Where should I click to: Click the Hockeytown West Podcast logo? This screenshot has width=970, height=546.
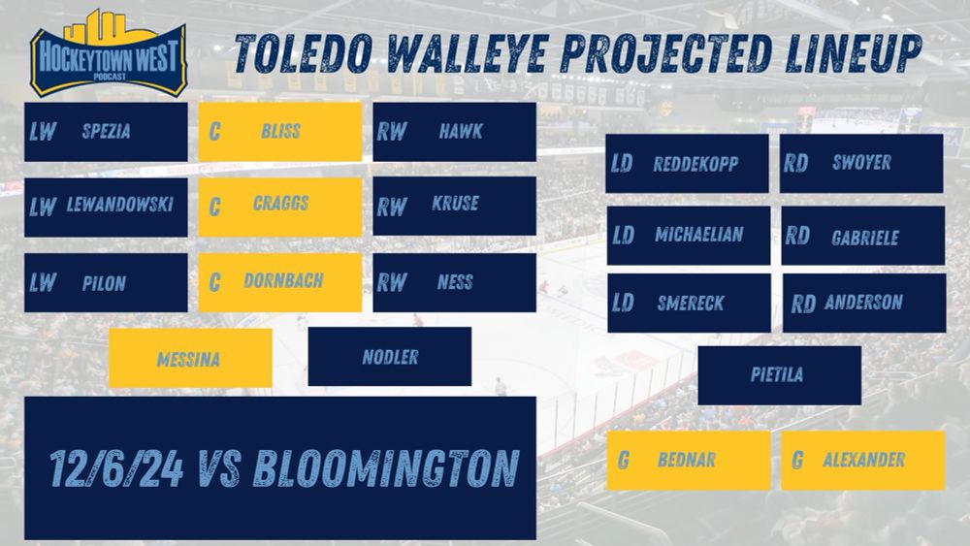point(109,53)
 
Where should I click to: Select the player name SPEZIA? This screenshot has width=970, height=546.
point(107,131)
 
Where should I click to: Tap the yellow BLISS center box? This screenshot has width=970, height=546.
point(280,132)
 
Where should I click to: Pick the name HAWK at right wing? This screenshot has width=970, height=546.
point(461,131)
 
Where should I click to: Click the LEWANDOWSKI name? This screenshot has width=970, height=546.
point(120,205)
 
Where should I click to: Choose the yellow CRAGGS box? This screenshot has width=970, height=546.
point(280,208)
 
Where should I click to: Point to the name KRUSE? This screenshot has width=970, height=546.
point(455,204)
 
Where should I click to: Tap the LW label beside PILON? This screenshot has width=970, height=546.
point(43,282)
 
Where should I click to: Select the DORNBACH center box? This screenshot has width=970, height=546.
point(280,282)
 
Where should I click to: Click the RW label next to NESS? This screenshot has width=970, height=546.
point(392,282)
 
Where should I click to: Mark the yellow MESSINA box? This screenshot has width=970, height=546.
point(190,358)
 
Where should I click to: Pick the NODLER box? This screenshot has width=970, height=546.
point(390,357)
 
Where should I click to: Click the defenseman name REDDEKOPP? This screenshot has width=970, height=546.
point(695,164)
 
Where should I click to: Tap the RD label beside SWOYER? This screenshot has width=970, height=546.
point(796,163)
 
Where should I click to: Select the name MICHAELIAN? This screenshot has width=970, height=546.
point(699,235)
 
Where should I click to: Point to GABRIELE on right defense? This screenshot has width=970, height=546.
point(865,238)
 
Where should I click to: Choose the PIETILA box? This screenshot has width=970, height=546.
point(780,375)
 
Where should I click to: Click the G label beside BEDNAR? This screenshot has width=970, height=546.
point(624,460)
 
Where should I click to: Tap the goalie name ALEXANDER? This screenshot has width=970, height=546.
point(863,460)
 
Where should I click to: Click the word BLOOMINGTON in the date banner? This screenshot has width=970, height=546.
point(387,468)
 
